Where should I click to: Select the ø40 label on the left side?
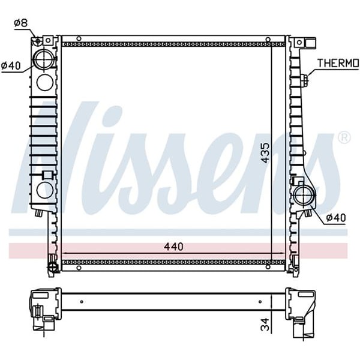(12, 65)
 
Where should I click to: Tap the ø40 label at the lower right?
(336, 217)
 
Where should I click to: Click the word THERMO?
(337, 63)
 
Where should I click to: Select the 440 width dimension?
(173, 247)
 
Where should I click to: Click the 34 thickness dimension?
(265, 325)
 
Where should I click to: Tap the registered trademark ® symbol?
(344, 138)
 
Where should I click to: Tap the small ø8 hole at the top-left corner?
(38, 41)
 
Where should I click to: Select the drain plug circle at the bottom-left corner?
(52, 266)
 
